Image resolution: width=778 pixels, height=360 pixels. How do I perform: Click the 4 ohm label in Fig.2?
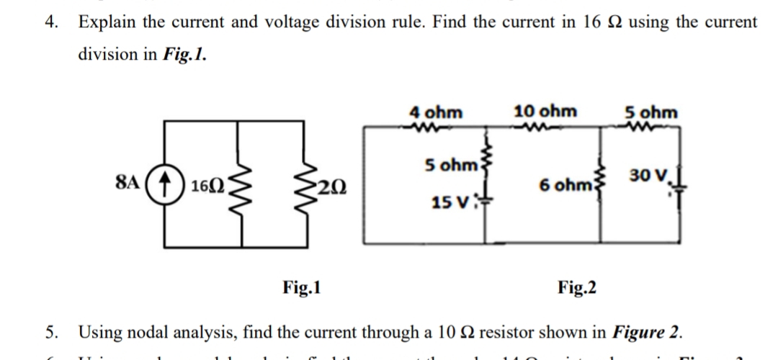[x=436, y=112]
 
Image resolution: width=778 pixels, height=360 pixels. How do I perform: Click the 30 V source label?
[x=643, y=175]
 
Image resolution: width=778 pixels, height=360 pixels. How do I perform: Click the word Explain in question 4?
[x=107, y=22]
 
